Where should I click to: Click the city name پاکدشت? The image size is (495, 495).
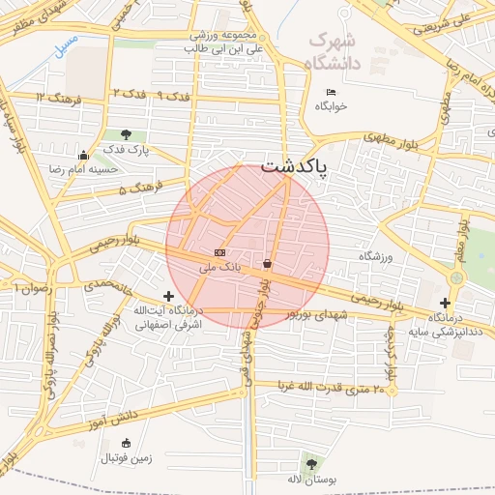(296, 165)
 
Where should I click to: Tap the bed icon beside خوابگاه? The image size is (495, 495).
(331, 92)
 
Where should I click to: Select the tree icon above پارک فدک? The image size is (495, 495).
(127, 133)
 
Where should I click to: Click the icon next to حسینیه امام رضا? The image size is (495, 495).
(84, 155)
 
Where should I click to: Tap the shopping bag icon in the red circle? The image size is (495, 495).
(267, 262)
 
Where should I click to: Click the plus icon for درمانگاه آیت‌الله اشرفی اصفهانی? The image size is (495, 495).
(169, 296)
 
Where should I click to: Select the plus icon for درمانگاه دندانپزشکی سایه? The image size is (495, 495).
(445, 303)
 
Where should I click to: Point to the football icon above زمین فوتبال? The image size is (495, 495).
(126, 443)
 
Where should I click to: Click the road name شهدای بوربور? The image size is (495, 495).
(317, 316)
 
